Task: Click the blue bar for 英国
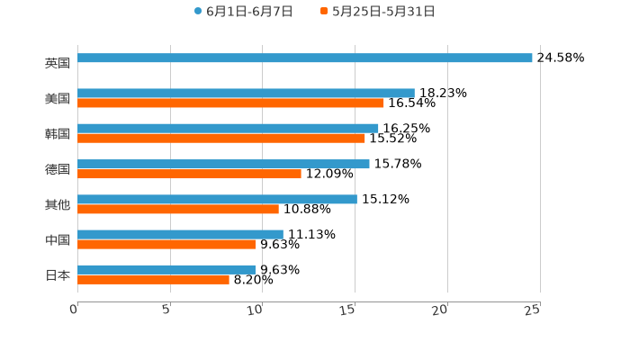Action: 305,58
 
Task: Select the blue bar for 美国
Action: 246,94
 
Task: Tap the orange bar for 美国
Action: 230,103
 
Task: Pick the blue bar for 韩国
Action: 228,129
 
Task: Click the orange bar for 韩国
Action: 221,139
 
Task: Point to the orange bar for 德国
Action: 189,174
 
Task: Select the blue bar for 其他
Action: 217,199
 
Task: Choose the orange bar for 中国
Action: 166,244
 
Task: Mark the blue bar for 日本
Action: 166,269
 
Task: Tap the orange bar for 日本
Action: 153,279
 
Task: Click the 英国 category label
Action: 58,64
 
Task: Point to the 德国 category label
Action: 58,169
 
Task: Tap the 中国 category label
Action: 58,240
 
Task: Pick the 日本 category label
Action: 58,275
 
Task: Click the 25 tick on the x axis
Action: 533,310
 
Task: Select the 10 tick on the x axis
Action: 256,310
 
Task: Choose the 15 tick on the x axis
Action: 348,310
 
